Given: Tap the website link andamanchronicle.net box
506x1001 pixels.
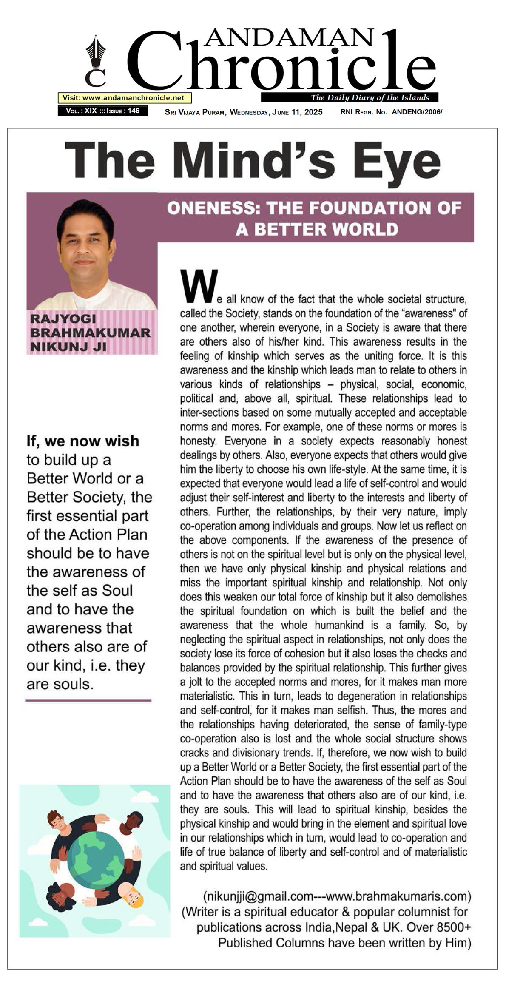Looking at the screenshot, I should [x=125, y=98].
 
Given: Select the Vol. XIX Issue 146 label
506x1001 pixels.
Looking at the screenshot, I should [x=102, y=111].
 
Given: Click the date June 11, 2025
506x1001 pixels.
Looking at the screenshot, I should [x=297, y=112].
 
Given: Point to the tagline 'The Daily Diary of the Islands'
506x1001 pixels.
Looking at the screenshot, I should [x=370, y=97].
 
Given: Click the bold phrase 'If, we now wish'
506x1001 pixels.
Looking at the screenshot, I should [x=83, y=441].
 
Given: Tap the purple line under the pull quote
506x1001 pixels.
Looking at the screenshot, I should [x=88, y=700].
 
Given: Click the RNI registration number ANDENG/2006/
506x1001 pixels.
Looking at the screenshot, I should [x=417, y=112].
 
